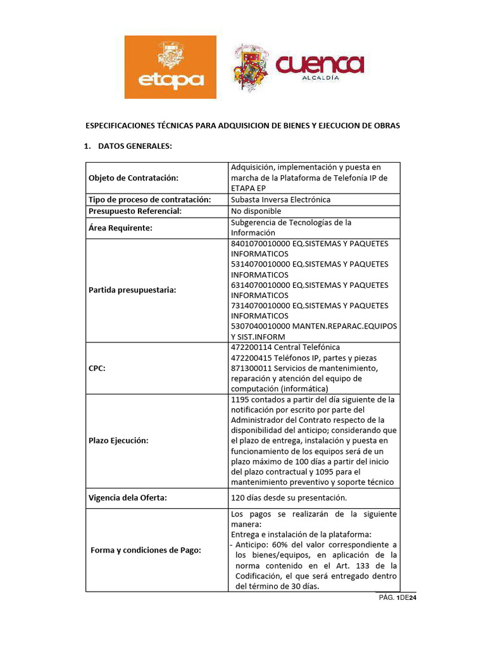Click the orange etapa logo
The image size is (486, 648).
[170, 67]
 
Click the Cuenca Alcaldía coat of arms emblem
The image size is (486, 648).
[251, 67]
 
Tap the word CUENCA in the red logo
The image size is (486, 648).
[320, 64]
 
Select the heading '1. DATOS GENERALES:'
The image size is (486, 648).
[128, 147]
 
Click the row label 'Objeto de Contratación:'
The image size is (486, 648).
[134, 178]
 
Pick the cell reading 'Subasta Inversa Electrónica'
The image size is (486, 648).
[281, 199]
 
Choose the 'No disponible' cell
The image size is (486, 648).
[256, 211]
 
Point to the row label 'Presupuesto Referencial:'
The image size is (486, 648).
[135, 211]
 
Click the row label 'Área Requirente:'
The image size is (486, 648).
[121, 228]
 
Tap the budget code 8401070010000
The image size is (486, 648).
[259, 244]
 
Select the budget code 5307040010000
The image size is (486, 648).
[259, 326]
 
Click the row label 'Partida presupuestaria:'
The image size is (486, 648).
[132, 290]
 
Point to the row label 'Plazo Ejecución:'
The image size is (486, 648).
[118, 440]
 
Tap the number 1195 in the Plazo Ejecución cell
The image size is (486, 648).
[241, 400]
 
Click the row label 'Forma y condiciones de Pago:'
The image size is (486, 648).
[146, 550]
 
